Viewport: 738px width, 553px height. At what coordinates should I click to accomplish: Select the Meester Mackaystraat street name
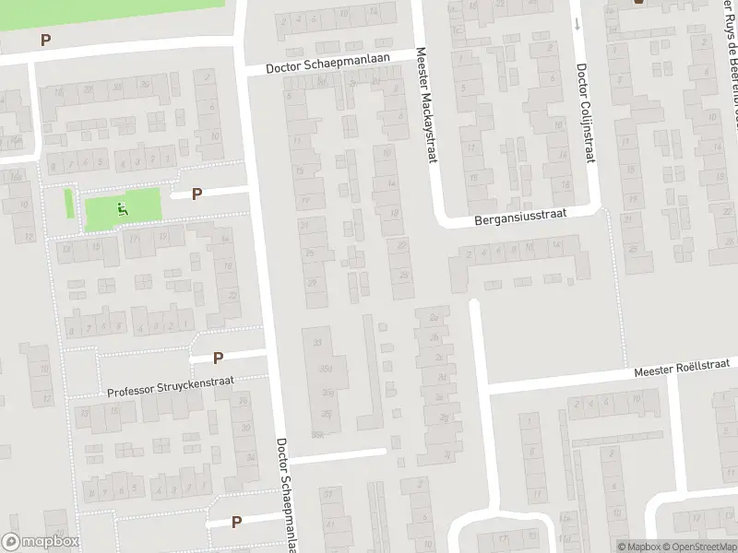(x=425, y=106)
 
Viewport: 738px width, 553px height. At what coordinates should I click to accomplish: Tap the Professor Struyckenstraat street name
(x=171, y=386)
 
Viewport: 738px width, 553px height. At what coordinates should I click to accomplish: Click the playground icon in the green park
(x=123, y=209)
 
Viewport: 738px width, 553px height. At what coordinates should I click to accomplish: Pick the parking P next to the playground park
(x=196, y=194)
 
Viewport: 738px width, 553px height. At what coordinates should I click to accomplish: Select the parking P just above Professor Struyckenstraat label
(x=219, y=358)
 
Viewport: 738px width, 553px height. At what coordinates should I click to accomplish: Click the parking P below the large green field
(x=45, y=40)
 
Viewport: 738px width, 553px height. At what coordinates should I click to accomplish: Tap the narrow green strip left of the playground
(x=68, y=203)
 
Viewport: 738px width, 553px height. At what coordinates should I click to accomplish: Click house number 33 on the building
(x=319, y=343)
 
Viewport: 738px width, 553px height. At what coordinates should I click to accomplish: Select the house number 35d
(x=324, y=370)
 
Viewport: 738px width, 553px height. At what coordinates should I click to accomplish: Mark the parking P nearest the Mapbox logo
(x=237, y=521)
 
